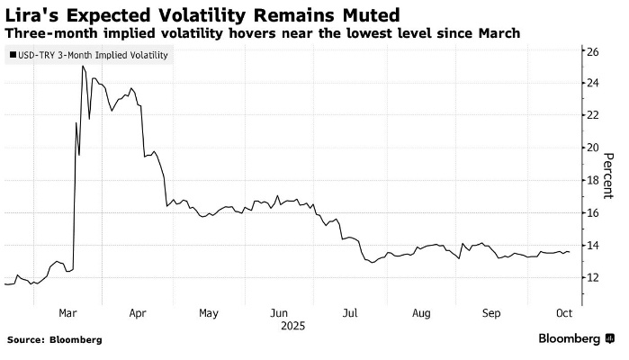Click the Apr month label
pyautogui.click(x=139, y=313)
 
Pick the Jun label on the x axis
pyautogui.click(x=279, y=313)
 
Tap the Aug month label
pyautogui.click(x=421, y=313)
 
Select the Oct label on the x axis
pyautogui.click(x=564, y=313)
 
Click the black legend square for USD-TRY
pyautogui.click(x=11, y=56)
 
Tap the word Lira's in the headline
pyautogui.click(x=31, y=14)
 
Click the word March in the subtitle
pyautogui.click(x=498, y=33)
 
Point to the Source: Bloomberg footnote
pyautogui.click(x=54, y=340)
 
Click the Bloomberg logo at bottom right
pyautogui.click(x=569, y=339)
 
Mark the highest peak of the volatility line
pyautogui.click(x=83, y=66)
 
